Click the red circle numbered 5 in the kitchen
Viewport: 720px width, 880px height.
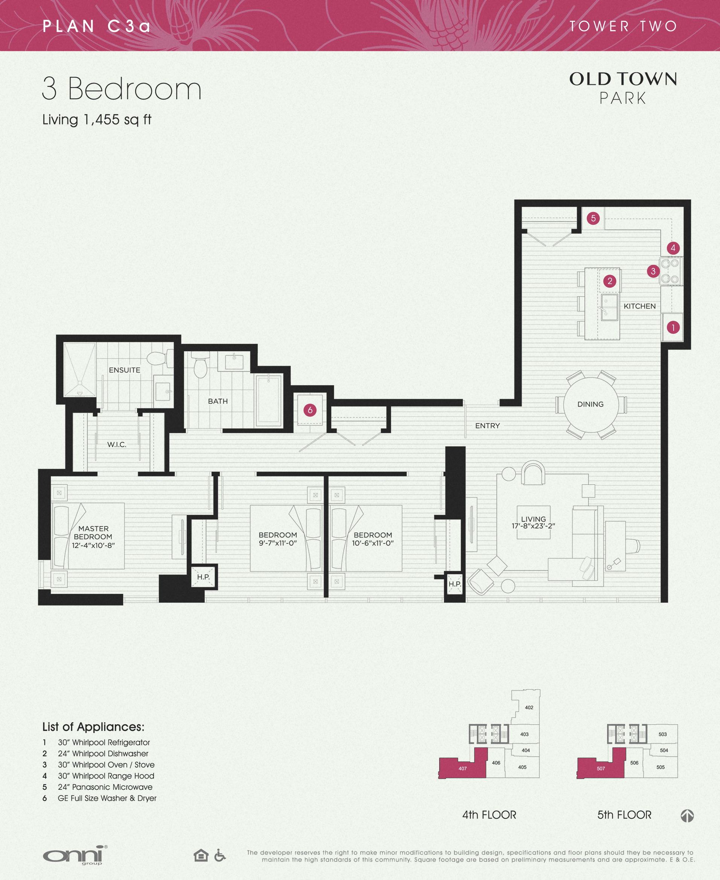click(593, 218)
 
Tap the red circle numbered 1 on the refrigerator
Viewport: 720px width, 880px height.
click(673, 327)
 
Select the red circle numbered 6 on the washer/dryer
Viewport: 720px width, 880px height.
click(310, 410)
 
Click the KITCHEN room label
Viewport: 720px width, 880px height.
click(639, 306)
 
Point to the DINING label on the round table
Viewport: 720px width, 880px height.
click(590, 404)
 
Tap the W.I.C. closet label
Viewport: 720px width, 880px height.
click(117, 445)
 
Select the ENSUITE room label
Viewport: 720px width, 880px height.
click(125, 370)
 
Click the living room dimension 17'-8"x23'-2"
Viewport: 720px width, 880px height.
click(533, 526)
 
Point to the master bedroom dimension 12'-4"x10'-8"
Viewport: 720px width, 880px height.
click(93, 545)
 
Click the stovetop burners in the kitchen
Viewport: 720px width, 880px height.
click(670, 271)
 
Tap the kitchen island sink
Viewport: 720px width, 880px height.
click(609, 307)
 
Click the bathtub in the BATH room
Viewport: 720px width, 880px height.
click(269, 400)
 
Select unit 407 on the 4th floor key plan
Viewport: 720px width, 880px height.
click(463, 769)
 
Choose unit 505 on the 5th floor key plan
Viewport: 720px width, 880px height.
click(660, 767)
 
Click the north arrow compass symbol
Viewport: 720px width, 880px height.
click(687, 816)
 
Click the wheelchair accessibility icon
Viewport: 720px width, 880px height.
click(220, 855)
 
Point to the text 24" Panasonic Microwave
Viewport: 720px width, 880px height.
click(105, 787)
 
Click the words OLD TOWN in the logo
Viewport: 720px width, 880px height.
click(623, 79)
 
